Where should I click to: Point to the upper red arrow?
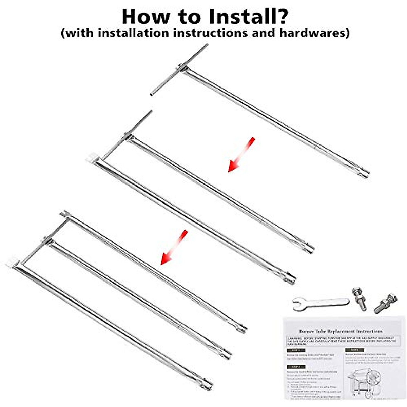(241, 154)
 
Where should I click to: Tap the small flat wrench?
(321, 302)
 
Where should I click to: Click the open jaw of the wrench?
(298, 302)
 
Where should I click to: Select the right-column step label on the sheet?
(354, 350)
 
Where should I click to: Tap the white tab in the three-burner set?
(11, 261)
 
